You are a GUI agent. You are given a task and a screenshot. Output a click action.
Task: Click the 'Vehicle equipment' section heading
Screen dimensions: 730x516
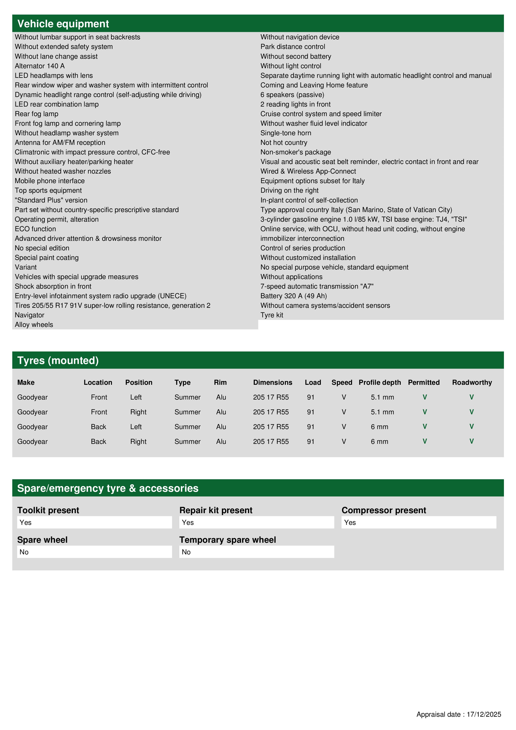(x=63, y=24)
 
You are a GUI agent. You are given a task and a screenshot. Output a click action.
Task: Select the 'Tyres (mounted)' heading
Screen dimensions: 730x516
(x=58, y=361)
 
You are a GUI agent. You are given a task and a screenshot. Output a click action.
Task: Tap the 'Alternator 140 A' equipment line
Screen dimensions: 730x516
(x=40, y=66)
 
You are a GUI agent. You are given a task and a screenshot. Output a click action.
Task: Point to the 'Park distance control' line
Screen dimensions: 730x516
(x=293, y=47)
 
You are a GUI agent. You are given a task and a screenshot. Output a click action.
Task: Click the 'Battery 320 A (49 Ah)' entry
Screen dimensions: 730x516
(x=293, y=296)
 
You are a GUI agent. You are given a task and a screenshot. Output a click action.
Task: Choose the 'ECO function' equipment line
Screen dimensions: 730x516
(x=35, y=229)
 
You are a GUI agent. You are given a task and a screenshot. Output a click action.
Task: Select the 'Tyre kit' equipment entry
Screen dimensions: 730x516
(x=272, y=315)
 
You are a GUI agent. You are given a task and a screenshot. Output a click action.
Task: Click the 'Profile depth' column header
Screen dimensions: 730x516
(x=380, y=382)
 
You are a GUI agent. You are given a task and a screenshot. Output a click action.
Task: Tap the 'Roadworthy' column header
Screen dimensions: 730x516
(x=472, y=382)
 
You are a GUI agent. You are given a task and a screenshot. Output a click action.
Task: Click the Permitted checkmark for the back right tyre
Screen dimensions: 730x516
(x=424, y=441)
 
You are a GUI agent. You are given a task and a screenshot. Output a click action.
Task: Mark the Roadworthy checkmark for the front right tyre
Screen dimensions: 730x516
(x=471, y=412)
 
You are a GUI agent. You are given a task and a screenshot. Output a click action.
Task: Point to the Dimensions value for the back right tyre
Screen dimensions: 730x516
(x=271, y=442)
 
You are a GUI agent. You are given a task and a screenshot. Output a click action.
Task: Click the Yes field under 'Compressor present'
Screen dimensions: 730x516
(x=418, y=522)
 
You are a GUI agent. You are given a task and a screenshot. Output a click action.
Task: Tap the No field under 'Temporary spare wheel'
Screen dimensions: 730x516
(x=256, y=552)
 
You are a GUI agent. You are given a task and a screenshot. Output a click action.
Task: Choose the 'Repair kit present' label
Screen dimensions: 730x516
(x=216, y=510)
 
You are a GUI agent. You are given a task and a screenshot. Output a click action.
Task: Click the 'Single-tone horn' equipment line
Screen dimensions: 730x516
(x=285, y=133)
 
